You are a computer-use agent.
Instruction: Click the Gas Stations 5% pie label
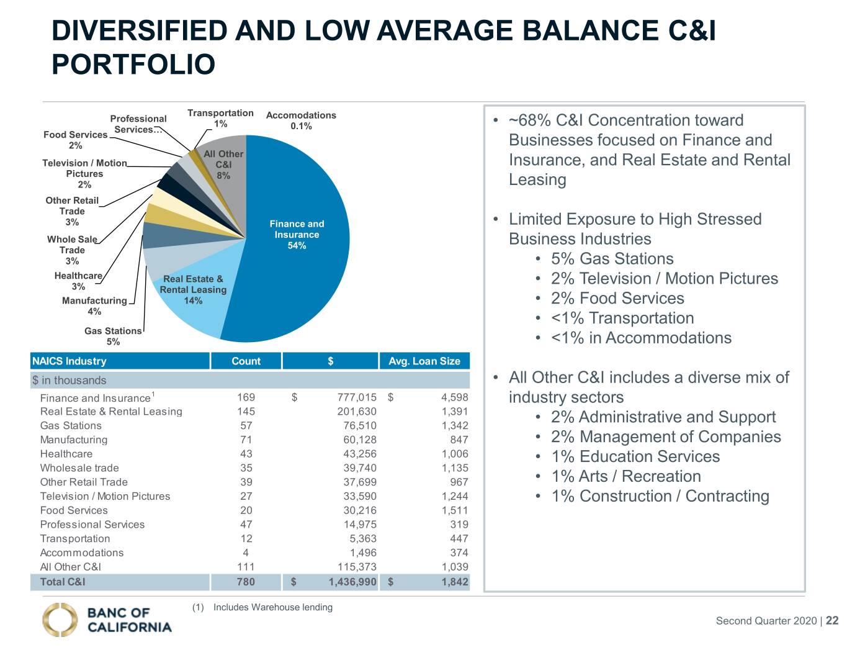(x=113, y=336)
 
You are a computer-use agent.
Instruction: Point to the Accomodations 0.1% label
(x=301, y=120)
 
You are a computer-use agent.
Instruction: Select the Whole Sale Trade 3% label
(x=72, y=250)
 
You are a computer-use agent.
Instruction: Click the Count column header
(x=246, y=361)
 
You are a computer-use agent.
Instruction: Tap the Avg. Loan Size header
(x=424, y=361)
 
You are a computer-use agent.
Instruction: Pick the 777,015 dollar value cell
(x=357, y=397)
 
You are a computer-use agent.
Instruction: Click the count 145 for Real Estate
(x=246, y=412)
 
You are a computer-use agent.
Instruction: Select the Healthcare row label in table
(x=66, y=454)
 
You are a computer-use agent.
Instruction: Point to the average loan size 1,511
(x=455, y=510)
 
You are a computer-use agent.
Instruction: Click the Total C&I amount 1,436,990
(x=352, y=582)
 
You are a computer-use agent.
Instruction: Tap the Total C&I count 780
(x=246, y=582)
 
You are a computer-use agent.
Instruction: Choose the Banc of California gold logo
(x=60, y=620)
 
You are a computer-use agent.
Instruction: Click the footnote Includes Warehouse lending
(x=273, y=607)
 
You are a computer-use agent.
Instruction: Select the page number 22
(x=832, y=620)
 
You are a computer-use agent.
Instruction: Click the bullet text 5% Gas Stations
(x=612, y=258)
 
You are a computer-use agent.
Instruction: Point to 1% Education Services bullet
(x=635, y=456)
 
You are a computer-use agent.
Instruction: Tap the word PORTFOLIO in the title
(x=133, y=65)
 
